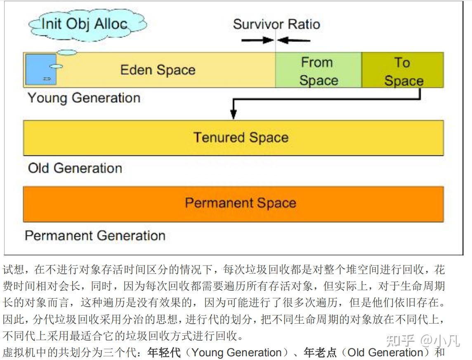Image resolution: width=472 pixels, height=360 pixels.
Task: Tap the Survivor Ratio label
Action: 276,24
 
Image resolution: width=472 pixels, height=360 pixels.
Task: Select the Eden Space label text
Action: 158,70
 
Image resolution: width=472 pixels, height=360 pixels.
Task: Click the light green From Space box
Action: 318,71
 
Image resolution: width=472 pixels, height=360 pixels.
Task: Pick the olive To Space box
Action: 403,71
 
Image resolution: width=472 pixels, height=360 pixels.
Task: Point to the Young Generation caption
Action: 84,98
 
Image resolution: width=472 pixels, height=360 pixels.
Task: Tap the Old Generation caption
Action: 75,168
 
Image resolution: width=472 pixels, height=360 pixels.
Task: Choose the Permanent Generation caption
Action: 95,235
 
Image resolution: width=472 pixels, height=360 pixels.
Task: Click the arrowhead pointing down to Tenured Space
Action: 234,114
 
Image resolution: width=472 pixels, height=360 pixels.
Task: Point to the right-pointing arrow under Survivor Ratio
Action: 257,40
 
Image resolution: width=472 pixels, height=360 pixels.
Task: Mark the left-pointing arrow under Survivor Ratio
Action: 294,40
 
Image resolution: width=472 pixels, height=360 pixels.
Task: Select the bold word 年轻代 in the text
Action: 164,353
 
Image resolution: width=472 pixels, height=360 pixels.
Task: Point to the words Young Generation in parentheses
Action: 237,353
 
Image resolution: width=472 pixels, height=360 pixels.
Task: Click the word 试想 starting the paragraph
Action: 12,271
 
